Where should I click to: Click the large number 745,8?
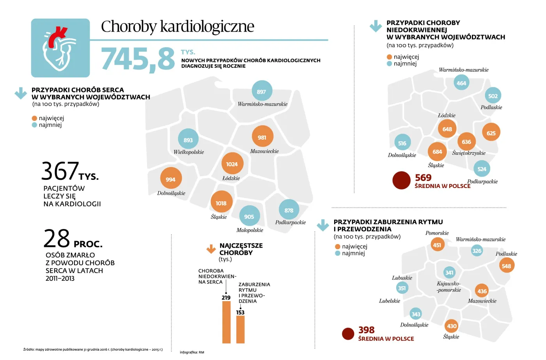pyautogui.click(x=138, y=59)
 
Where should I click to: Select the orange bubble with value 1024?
pyautogui.click(x=232, y=164)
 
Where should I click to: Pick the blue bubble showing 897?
pyautogui.click(x=262, y=92)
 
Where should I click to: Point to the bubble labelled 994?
pyautogui.click(x=171, y=179)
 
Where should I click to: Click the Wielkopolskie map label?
pyautogui.click(x=188, y=152)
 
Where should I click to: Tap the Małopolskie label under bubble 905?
pyautogui.click(x=250, y=230)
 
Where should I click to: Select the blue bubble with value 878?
pyautogui.click(x=289, y=210)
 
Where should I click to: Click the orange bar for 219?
pyautogui.click(x=226, y=322)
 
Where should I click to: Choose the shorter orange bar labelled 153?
pyautogui.click(x=240, y=330)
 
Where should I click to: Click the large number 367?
pyautogui.click(x=60, y=171)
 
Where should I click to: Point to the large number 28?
pyautogui.click(x=57, y=239)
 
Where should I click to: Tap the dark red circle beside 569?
pyautogui.click(x=401, y=181)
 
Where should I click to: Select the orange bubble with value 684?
pyautogui.click(x=437, y=151)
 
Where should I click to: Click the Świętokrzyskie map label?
pyautogui.click(x=468, y=153)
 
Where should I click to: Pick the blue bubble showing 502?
pyautogui.click(x=493, y=96)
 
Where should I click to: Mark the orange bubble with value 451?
pyautogui.click(x=437, y=245)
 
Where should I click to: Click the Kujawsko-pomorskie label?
pyautogui.click(x=448, y=287)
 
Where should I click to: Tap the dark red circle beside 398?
pyautogui.click(x=348, y=333)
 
